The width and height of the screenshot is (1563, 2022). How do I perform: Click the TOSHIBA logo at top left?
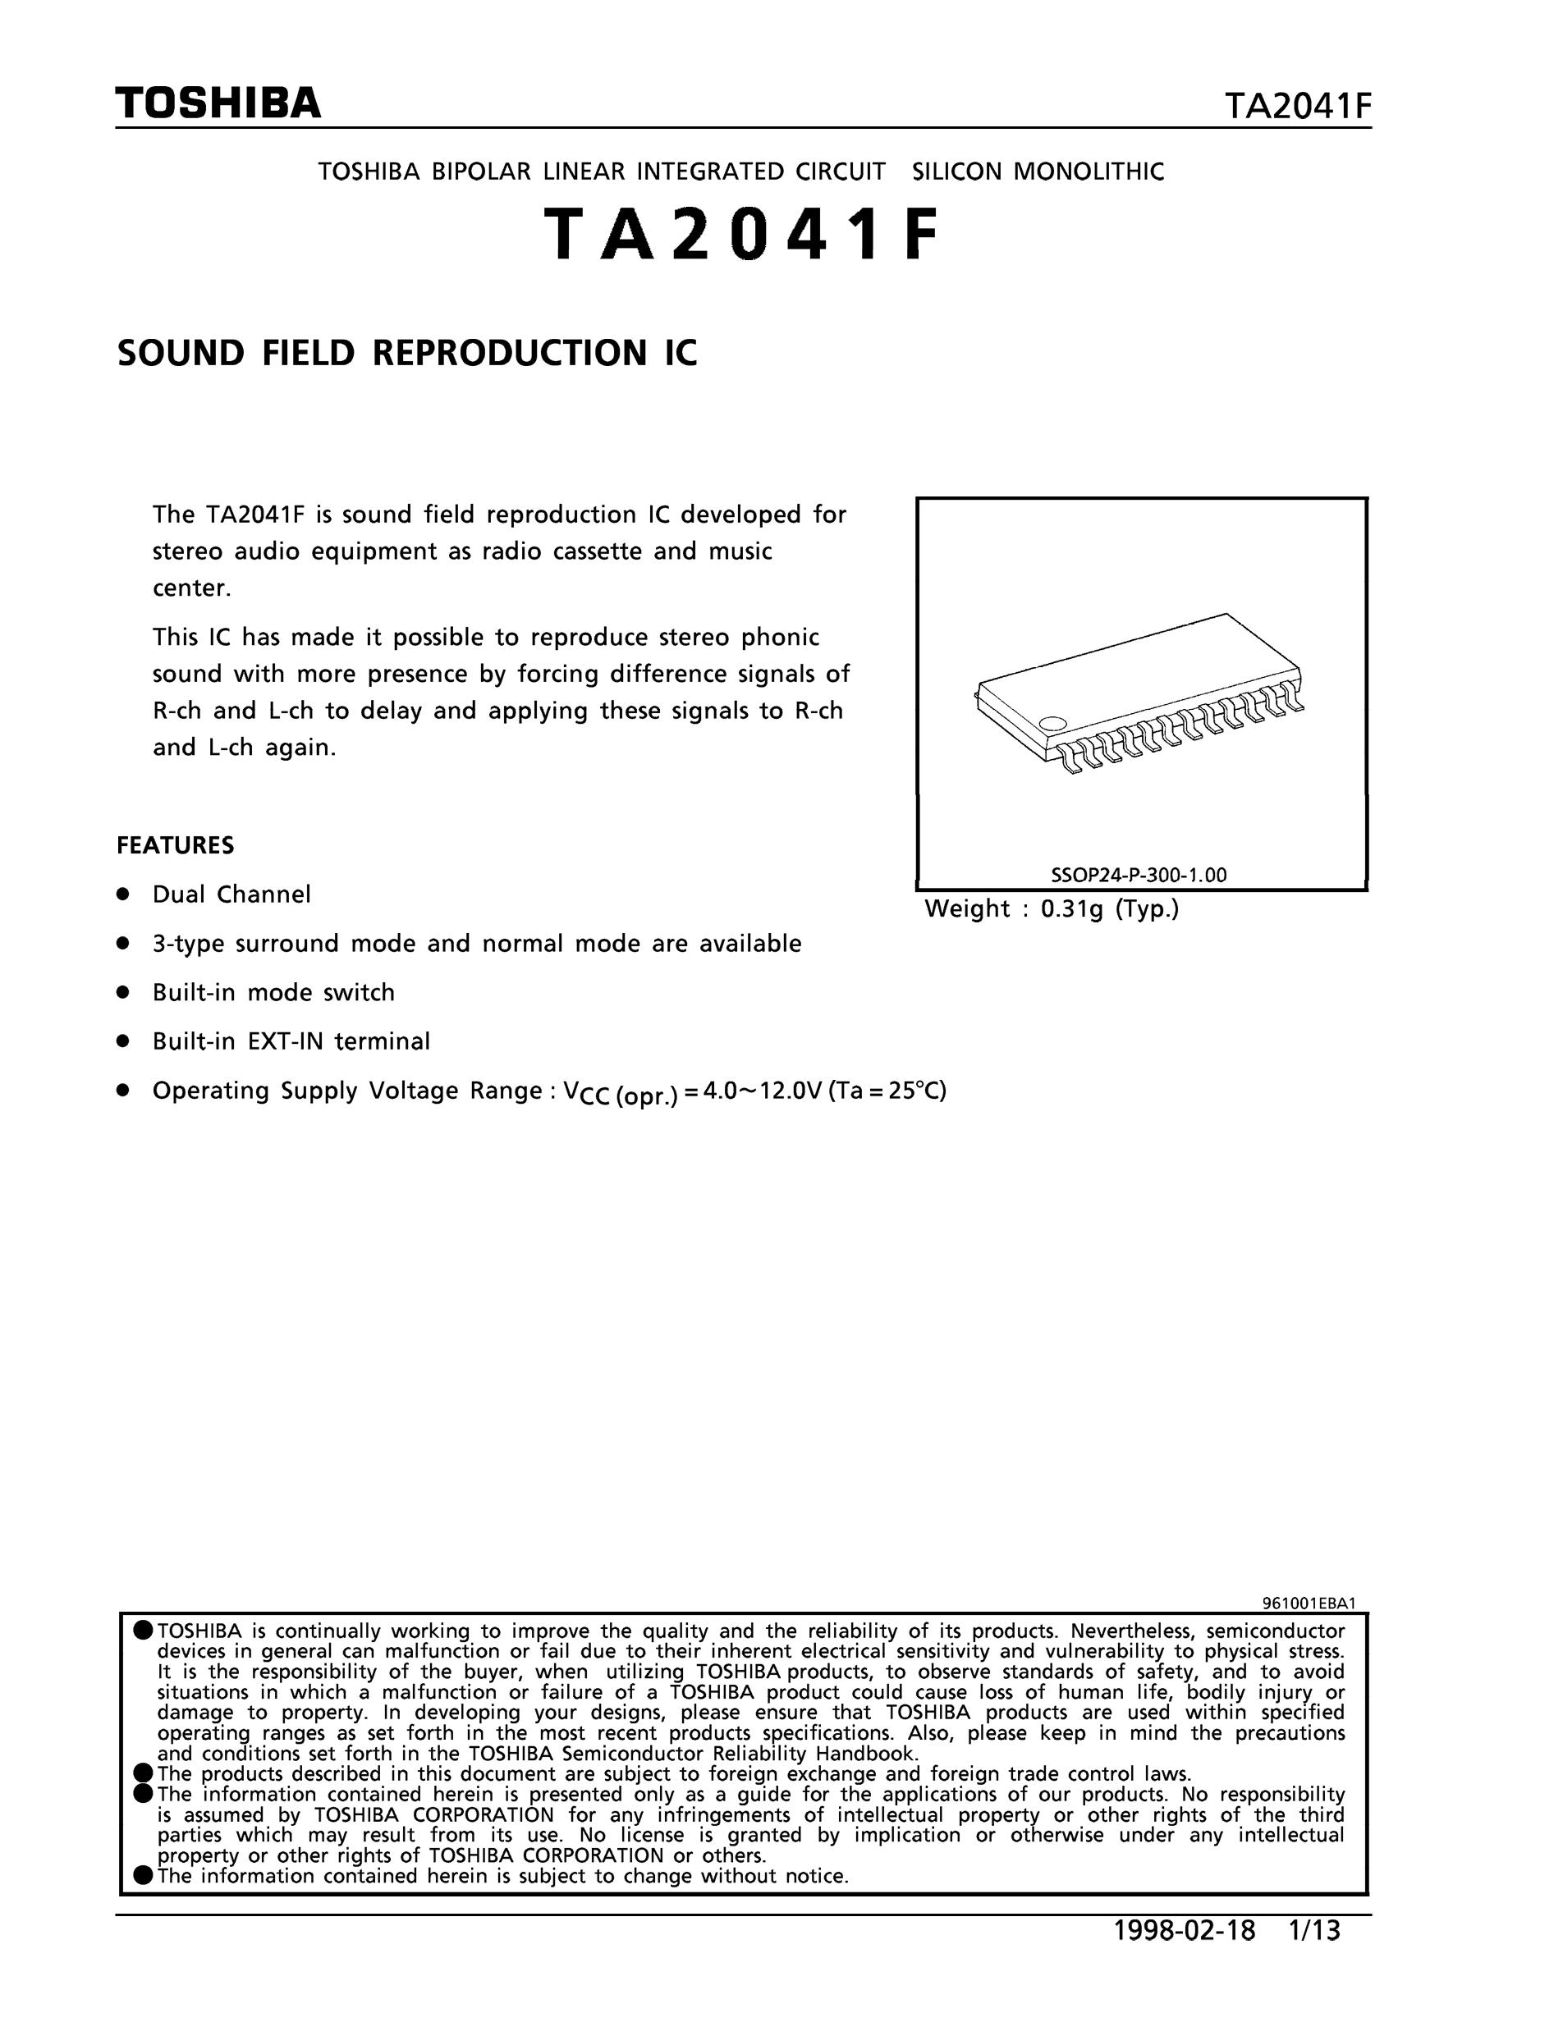point(218,103)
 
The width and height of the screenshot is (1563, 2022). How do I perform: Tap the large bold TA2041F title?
point(740,234)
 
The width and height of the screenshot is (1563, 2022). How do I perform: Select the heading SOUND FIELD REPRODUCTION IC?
point(406,353)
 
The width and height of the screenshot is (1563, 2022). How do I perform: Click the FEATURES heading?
point(175,845)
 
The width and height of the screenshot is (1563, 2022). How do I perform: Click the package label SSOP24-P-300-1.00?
point(1138,875)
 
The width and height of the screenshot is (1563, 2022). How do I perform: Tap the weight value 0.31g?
point(1071,909)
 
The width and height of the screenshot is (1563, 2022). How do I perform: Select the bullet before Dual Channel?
point(121,894)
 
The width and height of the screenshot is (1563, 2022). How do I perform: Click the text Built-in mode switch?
point(273,992)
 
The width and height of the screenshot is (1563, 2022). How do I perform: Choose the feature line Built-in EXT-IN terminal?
point(291,1041)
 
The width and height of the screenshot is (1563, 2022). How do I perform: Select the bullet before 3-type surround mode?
point(121,944)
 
